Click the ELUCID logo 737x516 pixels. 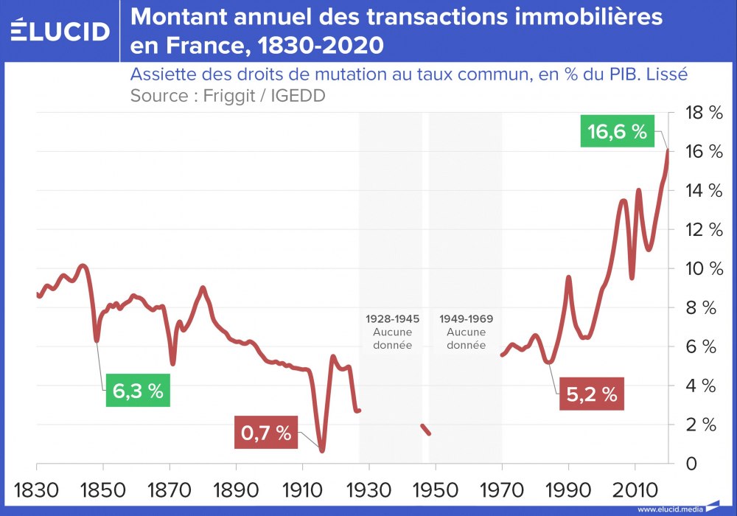pos(60,30)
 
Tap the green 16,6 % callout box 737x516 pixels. pos(617,132)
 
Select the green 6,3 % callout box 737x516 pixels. pos(138,391)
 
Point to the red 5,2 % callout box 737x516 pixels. pos(591,394)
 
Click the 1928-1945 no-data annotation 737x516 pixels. pos(392,332)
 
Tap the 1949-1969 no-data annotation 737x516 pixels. pos(466,332)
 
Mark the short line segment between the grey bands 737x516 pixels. pos(426,429)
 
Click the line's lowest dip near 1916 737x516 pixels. pos(322,449)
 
